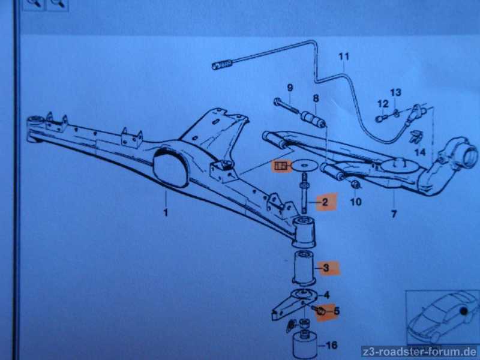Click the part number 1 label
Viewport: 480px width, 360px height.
(166, 212)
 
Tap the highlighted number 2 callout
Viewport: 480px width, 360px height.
(325, 202)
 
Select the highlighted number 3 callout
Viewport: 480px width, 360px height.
(326, 268)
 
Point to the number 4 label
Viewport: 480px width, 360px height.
(326, 295)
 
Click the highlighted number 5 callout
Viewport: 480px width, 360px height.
(337, 311)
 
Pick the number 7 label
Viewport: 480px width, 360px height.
(394, 214)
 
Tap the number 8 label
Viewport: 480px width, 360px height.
(316, 98)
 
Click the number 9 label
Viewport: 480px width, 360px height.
(290, 88)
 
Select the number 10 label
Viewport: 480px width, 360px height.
(356, 202)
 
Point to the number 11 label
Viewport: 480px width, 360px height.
(344, 57)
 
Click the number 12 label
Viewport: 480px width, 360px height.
(383, 104)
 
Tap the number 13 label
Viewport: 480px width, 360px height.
(395, 92)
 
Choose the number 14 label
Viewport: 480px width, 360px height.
(421, 152)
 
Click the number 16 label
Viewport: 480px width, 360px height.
(332, 346)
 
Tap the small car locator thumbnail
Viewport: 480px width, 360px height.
(442, 317)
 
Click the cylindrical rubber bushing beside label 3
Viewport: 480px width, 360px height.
(303, 268)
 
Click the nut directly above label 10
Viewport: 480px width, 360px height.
(355, 185)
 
